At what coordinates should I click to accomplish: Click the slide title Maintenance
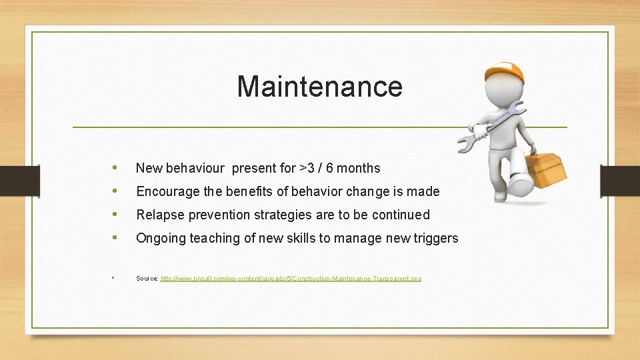(x=319, y=87)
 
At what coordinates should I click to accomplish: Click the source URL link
(x=291, y=278)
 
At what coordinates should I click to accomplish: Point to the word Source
(x=147, y=278)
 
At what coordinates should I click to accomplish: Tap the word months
(x=358, y=169)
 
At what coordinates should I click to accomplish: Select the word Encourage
(x=168, y=192)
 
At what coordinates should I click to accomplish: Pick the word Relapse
(x=157, y=215)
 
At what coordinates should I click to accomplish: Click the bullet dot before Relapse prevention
(x=117, y=215)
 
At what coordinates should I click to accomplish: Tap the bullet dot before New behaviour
(x=117, y=168)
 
